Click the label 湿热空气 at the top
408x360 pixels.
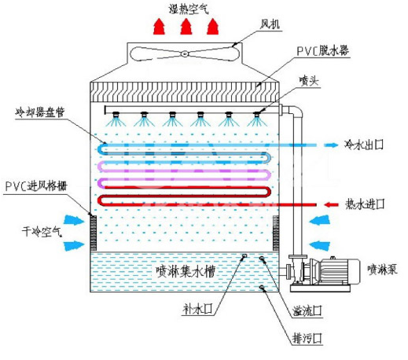point(189,9)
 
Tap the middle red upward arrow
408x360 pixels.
point(186,27)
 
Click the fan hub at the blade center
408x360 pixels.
point(185,54)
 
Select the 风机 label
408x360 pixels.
point(270,24)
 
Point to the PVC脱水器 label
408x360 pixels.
point(322,50)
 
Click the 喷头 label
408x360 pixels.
point(309,80)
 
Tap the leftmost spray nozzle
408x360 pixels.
point(116,115)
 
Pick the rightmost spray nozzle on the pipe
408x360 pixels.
point(257,115)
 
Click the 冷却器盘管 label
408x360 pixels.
point(40,112)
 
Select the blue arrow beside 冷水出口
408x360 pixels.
point(331,145)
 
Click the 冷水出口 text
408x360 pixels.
point(364,145)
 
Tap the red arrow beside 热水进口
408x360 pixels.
point(331,204)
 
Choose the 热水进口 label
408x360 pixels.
point(365,204)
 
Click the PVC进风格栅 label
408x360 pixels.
point(36,186)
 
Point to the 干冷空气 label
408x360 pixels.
point(42,232)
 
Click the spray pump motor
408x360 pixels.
point(338,271)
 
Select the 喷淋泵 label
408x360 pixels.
point(382,270)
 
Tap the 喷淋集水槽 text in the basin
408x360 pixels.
point(186,271)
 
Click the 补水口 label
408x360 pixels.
point(197,309)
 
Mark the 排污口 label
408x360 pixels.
point(307,338)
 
